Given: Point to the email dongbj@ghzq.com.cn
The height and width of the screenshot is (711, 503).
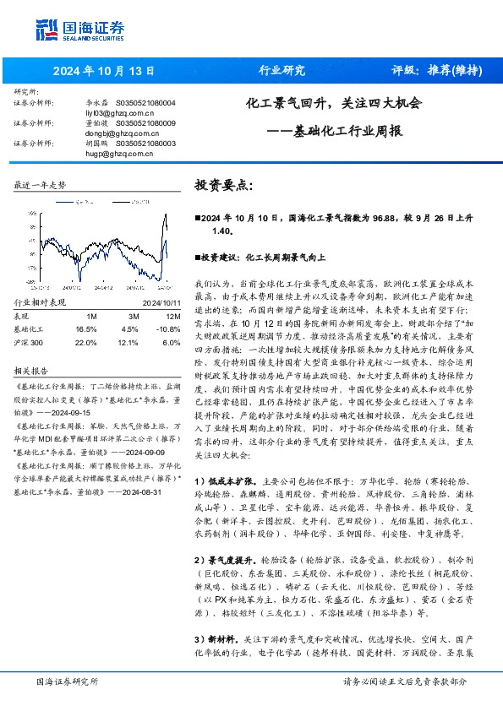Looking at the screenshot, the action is pos(109,133).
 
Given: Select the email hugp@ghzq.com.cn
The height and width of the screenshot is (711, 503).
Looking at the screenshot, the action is pos(106,154).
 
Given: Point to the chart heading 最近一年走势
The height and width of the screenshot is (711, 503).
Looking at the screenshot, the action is pos(40,184).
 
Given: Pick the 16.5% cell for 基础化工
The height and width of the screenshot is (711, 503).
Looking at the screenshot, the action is pos(86,328).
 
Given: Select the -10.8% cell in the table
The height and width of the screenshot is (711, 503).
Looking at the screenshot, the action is pos(168,328).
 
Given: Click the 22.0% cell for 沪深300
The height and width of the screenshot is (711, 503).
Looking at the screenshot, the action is pos(86,343).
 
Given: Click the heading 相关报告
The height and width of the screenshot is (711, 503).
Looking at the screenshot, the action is pos(34,371).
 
